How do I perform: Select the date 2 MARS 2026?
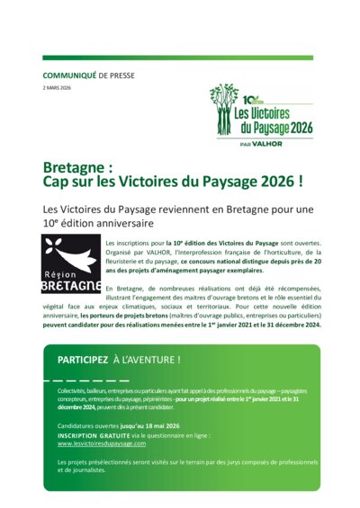pyautogui.click(x=58, y=88)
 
